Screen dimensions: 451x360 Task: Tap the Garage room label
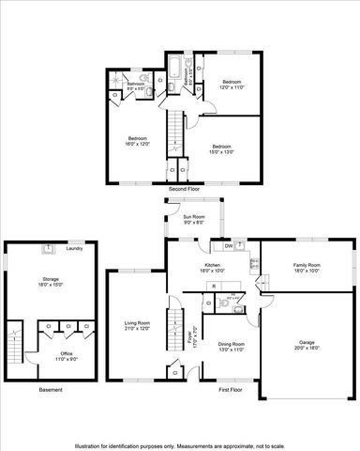[x=306, y=343]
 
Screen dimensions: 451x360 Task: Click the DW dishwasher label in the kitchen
[x=229, y=246]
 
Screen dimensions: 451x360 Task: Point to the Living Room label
[x=138, y=325]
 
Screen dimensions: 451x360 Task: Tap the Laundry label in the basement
[x=75, y=249]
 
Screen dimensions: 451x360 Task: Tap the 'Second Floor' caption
[x=184, y=189]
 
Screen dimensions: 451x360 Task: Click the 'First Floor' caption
[x=230, y=389]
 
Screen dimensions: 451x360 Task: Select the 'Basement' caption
[x=50, y=389]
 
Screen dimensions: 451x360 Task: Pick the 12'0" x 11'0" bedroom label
[x=232, y=86]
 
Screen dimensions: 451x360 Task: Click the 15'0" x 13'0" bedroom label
[x=221, y=148]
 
